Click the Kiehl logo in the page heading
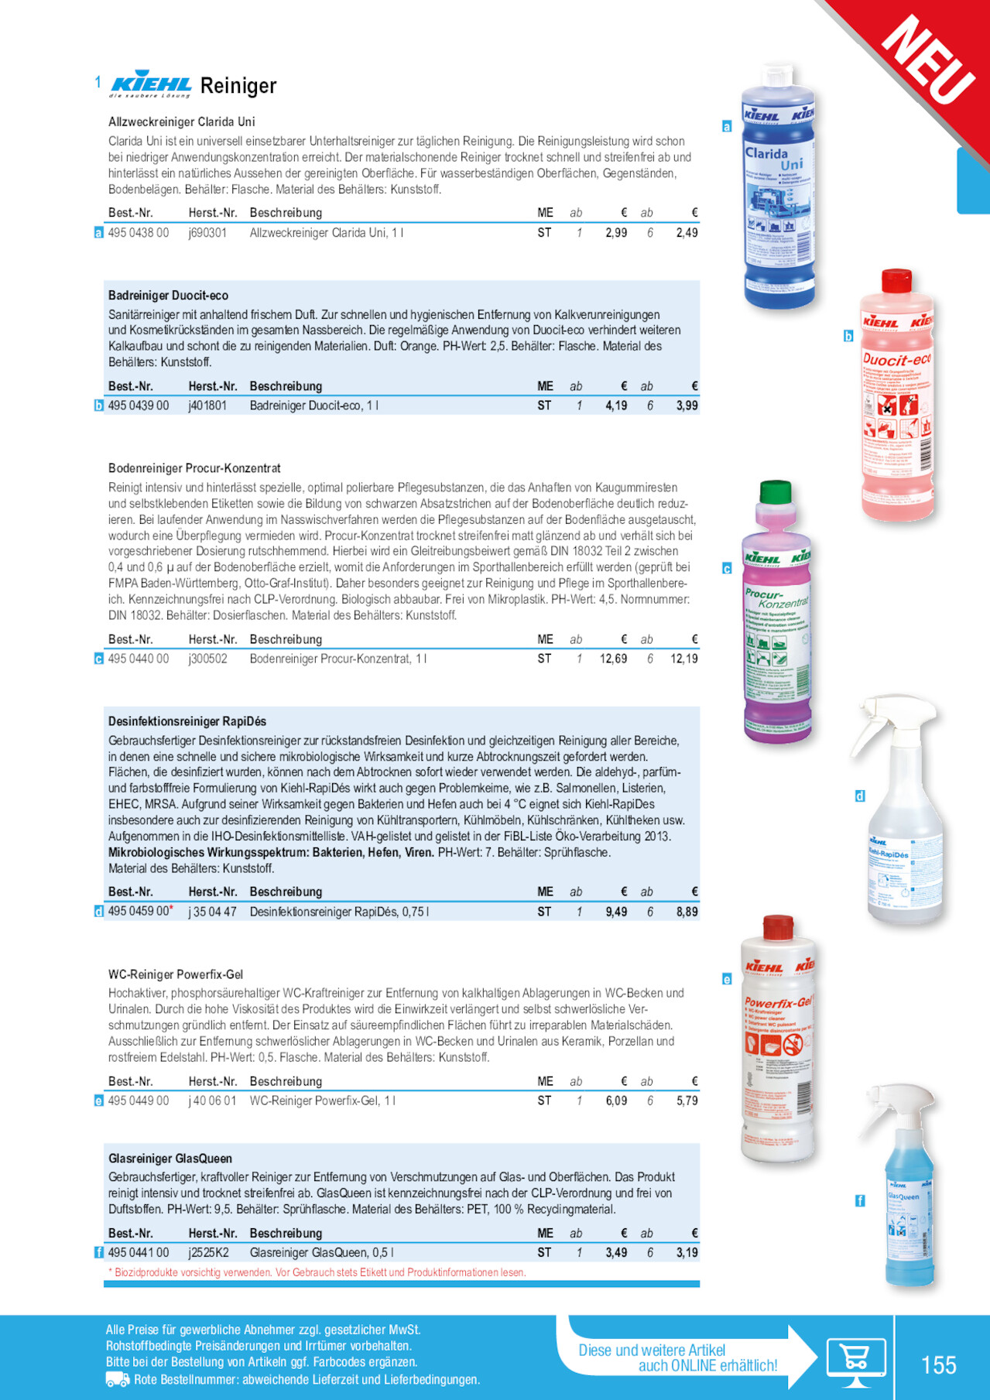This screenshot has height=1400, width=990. click(151, 85)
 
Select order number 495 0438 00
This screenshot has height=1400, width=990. click(138, 233)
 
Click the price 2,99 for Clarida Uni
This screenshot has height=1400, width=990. click(616, 233)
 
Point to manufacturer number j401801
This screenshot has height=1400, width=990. click(207, 406)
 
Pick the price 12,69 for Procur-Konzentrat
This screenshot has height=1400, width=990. click(613, 659)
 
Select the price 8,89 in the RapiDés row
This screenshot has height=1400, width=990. click(687, 912)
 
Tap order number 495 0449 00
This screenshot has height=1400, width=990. click(138, 1100)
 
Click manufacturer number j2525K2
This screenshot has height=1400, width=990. click(208, 1252)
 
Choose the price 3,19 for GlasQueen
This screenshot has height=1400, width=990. click(687, 1252)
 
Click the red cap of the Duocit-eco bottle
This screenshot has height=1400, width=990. click(896, 280)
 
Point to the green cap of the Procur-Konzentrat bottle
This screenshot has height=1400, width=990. click(776, 491)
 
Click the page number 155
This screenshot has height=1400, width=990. click(938, 1364)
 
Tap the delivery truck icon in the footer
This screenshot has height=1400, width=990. click(117, 1379)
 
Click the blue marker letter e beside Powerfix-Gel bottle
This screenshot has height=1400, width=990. click(727, 979)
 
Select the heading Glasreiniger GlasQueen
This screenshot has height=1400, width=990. click(170, 1159)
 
